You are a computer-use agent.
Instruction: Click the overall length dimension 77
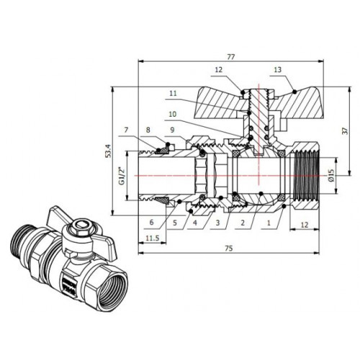click(230, 57)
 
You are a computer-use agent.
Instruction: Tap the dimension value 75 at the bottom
click(229, 248)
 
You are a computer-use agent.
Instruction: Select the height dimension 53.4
click(109, 150)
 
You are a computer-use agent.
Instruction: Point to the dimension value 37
click(345, 131)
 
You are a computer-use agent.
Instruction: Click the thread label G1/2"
click(122, 176)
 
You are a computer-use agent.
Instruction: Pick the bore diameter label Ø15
click(331, 175)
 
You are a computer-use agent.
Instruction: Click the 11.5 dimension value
click(153, 238)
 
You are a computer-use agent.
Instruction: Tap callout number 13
click(277, 70)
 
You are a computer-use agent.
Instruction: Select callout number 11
click(173, 93)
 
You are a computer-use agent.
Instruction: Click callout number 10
click(173, 114)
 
